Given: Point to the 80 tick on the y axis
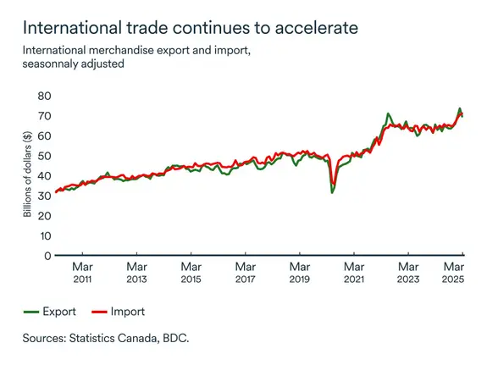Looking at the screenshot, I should (x=44, y=96).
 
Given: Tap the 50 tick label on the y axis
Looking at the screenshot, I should (x=44, y=156).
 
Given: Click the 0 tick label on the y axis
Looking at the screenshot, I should (x=47, y=255).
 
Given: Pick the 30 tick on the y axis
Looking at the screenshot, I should (x=44, y=196).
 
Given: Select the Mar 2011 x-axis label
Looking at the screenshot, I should (x=82, y=272).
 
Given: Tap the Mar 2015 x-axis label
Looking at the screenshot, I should (x=191, y=272).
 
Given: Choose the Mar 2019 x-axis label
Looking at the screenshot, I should (x=299, y=272).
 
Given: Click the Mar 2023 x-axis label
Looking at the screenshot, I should (x=407, y=272).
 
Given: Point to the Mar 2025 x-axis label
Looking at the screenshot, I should (x=453, y=272).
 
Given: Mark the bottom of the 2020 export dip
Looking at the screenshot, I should (x=332, y=192).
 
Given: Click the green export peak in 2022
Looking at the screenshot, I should (x=387, y=113).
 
